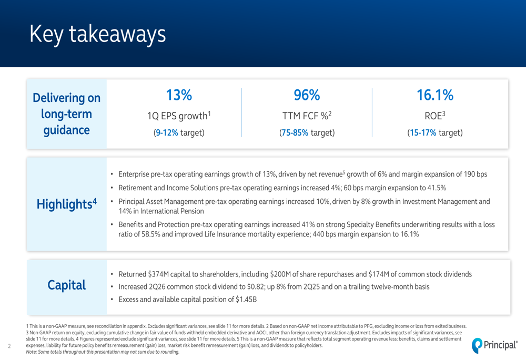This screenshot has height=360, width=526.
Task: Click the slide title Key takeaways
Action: [98, 34]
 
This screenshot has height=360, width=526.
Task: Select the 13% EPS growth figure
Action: [179, 95]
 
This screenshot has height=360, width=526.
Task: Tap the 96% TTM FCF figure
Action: [307, 95]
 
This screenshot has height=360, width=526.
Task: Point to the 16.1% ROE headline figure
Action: [435, 95]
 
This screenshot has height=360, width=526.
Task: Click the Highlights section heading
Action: [67, 204]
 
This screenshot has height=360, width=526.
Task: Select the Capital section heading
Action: [67, 285]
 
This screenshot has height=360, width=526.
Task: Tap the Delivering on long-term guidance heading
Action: [67, 114]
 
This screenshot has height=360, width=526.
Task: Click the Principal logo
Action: [494, 345]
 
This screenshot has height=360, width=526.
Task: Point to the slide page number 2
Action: [9, 346]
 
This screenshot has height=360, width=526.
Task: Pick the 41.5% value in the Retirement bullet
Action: [435, 188]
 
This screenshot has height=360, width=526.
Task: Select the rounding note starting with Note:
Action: [103, 352]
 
